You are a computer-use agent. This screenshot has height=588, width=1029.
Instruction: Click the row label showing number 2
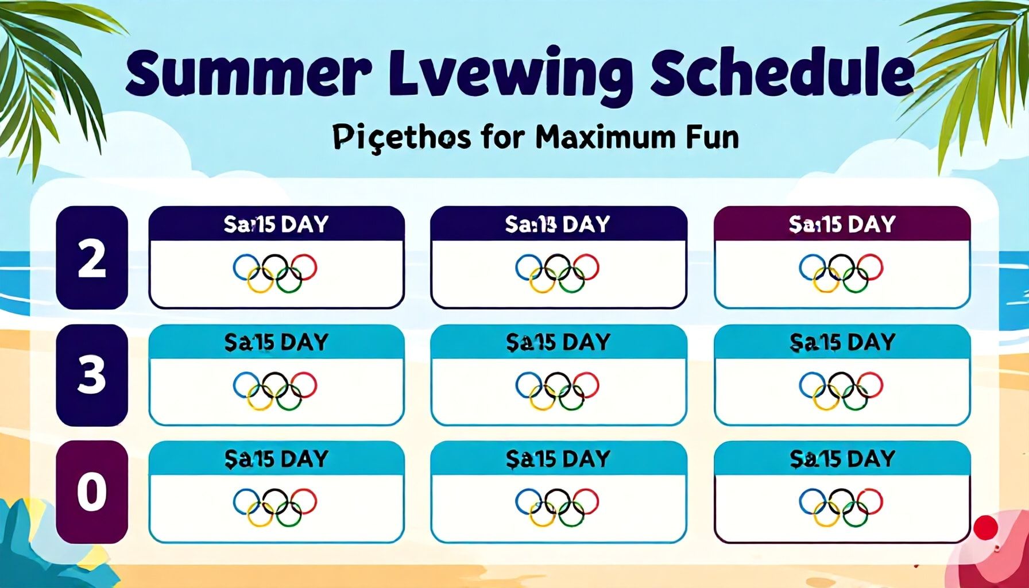(x=92, y=258)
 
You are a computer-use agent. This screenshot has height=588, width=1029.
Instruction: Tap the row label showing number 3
(x=92, y=376)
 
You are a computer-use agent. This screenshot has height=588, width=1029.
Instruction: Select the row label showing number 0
(x=92, y=492)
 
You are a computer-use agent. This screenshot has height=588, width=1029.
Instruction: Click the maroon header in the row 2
(x=842, y=223)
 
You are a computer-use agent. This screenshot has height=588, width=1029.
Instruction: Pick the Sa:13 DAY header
(x=558, y=223)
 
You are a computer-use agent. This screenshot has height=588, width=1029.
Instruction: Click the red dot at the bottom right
(x=986, y=527)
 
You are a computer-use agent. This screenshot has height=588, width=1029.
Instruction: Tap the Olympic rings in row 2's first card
(x=275, y=273)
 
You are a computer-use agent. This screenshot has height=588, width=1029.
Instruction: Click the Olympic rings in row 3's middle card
(x=558, y=390)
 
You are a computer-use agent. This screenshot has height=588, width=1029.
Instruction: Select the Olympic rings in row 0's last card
(x=841, y=506)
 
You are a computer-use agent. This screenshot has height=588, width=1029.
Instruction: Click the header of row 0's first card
(x=276, y=458)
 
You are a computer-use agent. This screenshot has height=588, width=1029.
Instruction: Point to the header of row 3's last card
(x=842, y=342)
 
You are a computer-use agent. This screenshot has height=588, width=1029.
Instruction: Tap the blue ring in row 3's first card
(x=246, y=384)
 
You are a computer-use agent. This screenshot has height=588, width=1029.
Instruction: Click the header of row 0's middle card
(x=558, y=458)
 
